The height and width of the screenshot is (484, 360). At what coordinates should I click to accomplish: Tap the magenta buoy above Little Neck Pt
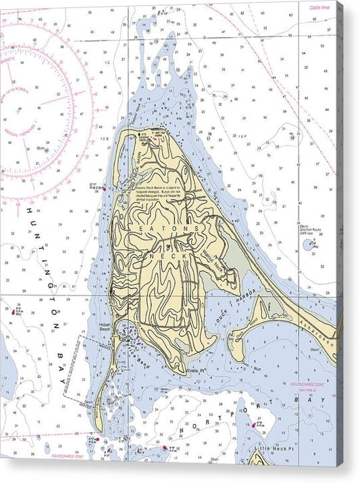pos(255,425)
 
